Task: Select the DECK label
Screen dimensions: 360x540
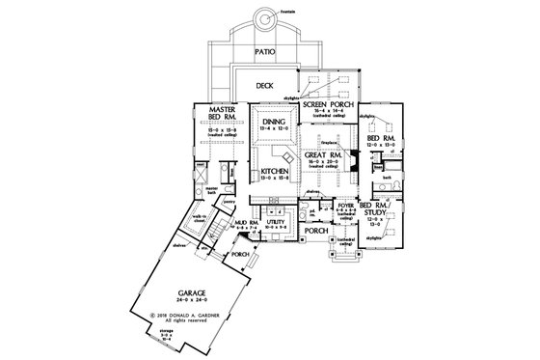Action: pyautogui.click(x=266, y=86)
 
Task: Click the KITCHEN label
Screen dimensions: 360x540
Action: pyautogui.click(x=275, y=172)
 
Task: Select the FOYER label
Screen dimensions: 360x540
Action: pyautogui.click(x=343, y=206)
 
